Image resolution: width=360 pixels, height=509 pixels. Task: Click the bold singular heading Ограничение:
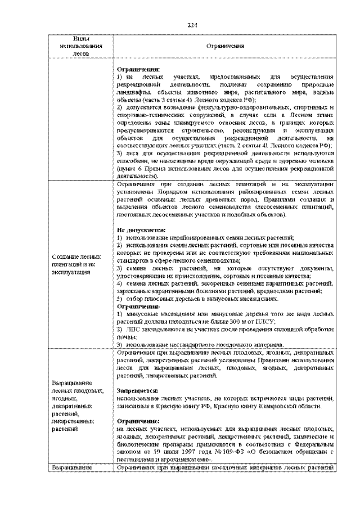tap(138, 421)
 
